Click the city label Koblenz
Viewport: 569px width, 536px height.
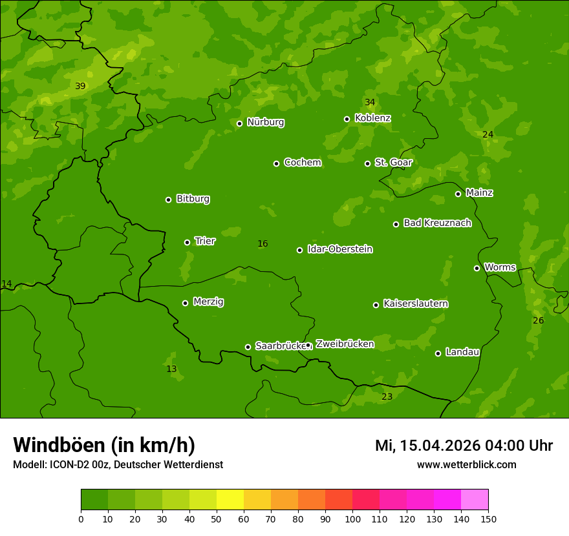[x=372, y=118]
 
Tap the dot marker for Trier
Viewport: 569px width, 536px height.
[x=188, y=242]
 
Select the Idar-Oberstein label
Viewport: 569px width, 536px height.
[x=339, y=249]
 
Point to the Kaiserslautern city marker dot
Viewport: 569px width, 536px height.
[x=376, y=305]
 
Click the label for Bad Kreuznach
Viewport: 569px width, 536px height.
[x=437, y=223]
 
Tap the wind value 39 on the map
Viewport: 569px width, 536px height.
[x=80, y=87]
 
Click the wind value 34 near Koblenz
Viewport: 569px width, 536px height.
[x=370, y=103]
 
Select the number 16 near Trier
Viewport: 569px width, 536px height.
[x=263, y=244]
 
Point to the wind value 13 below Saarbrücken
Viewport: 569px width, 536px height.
[x=171, y=369]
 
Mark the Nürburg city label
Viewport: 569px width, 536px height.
[x=265, y=122]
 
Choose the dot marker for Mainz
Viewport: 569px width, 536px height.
[x=458, y=194]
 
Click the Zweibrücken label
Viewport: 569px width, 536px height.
[x=345, y=344]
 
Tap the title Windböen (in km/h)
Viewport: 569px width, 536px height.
[x=104, y=445]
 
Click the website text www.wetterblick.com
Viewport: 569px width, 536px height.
[x=466, y=465]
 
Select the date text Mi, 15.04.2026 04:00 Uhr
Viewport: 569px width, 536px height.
[x=464, y=446]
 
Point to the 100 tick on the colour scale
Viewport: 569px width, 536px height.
[x=352, y=519]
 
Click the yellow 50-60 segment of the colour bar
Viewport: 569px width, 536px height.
[x=230, y=500]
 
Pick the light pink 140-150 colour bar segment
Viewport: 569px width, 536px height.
[x=475, y=500]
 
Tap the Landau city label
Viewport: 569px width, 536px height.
[x=462, y=352]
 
